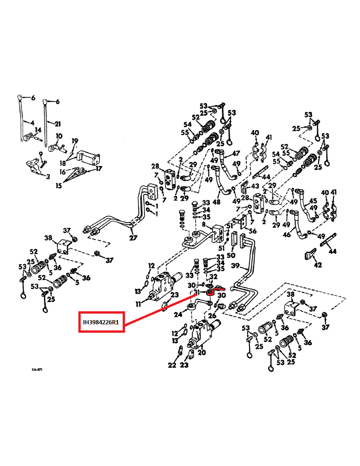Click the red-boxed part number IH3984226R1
pos(101,322)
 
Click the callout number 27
pos(133,238)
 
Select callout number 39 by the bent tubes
pos(235,266)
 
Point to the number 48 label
pos(217,202)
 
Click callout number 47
pos(236,153)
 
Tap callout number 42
pos(318,266)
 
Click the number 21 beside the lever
pos(57,124)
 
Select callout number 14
pos(38,130)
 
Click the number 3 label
pos(47,177)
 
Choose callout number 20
pos(201,352)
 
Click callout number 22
pos(172,365)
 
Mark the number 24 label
pos(178,315)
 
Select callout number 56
pos(252,231)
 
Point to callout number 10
pos(59,136)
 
